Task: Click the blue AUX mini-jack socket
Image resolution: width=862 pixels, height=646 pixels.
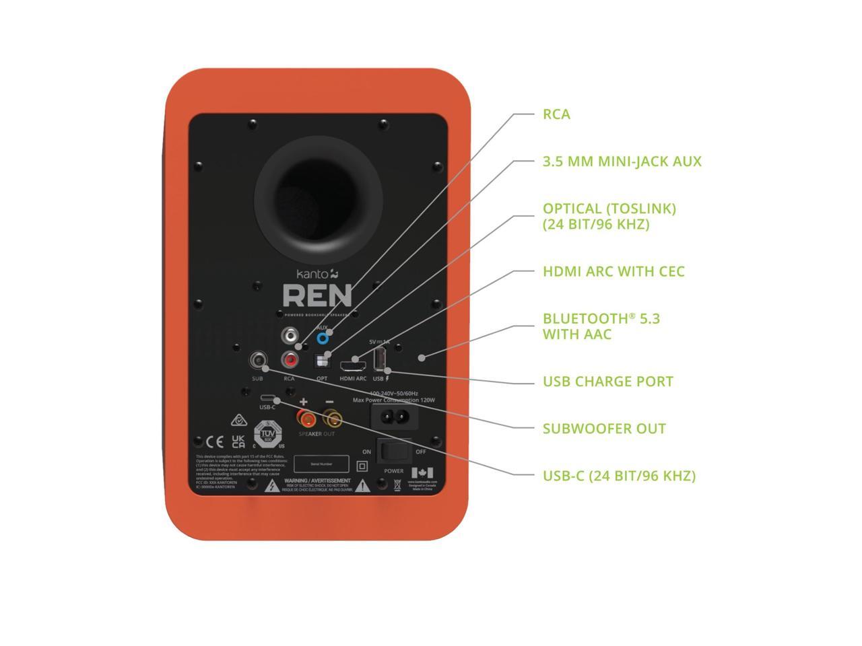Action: tap(323, 338)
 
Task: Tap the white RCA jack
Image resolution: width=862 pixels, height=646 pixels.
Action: tap(290, 334)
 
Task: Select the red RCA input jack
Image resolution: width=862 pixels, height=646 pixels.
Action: tap(290, 361)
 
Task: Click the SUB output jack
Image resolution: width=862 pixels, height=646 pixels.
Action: tap(257, 361)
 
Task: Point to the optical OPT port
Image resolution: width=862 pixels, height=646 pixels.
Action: tap(323, 362)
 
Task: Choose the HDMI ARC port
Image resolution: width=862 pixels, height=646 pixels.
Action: tap(353, 366)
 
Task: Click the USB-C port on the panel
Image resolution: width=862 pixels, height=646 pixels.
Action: tap(267, 397)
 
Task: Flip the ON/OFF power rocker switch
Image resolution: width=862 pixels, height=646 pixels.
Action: tap(394, 452)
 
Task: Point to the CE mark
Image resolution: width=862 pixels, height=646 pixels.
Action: tap(214, 442)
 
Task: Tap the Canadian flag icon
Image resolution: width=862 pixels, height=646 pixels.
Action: tap(422, 472)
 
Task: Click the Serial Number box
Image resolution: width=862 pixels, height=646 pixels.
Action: tap(321, 464)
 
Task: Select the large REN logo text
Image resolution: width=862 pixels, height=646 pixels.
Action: tap(317, 295)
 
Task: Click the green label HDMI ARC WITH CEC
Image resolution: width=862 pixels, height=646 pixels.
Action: tap(614, 271)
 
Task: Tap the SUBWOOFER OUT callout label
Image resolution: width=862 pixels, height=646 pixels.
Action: tap(604, 429)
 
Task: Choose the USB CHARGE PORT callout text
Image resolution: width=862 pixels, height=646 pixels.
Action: tap(607, 382)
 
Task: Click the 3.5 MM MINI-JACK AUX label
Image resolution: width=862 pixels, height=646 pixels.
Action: tap(622, 161)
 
